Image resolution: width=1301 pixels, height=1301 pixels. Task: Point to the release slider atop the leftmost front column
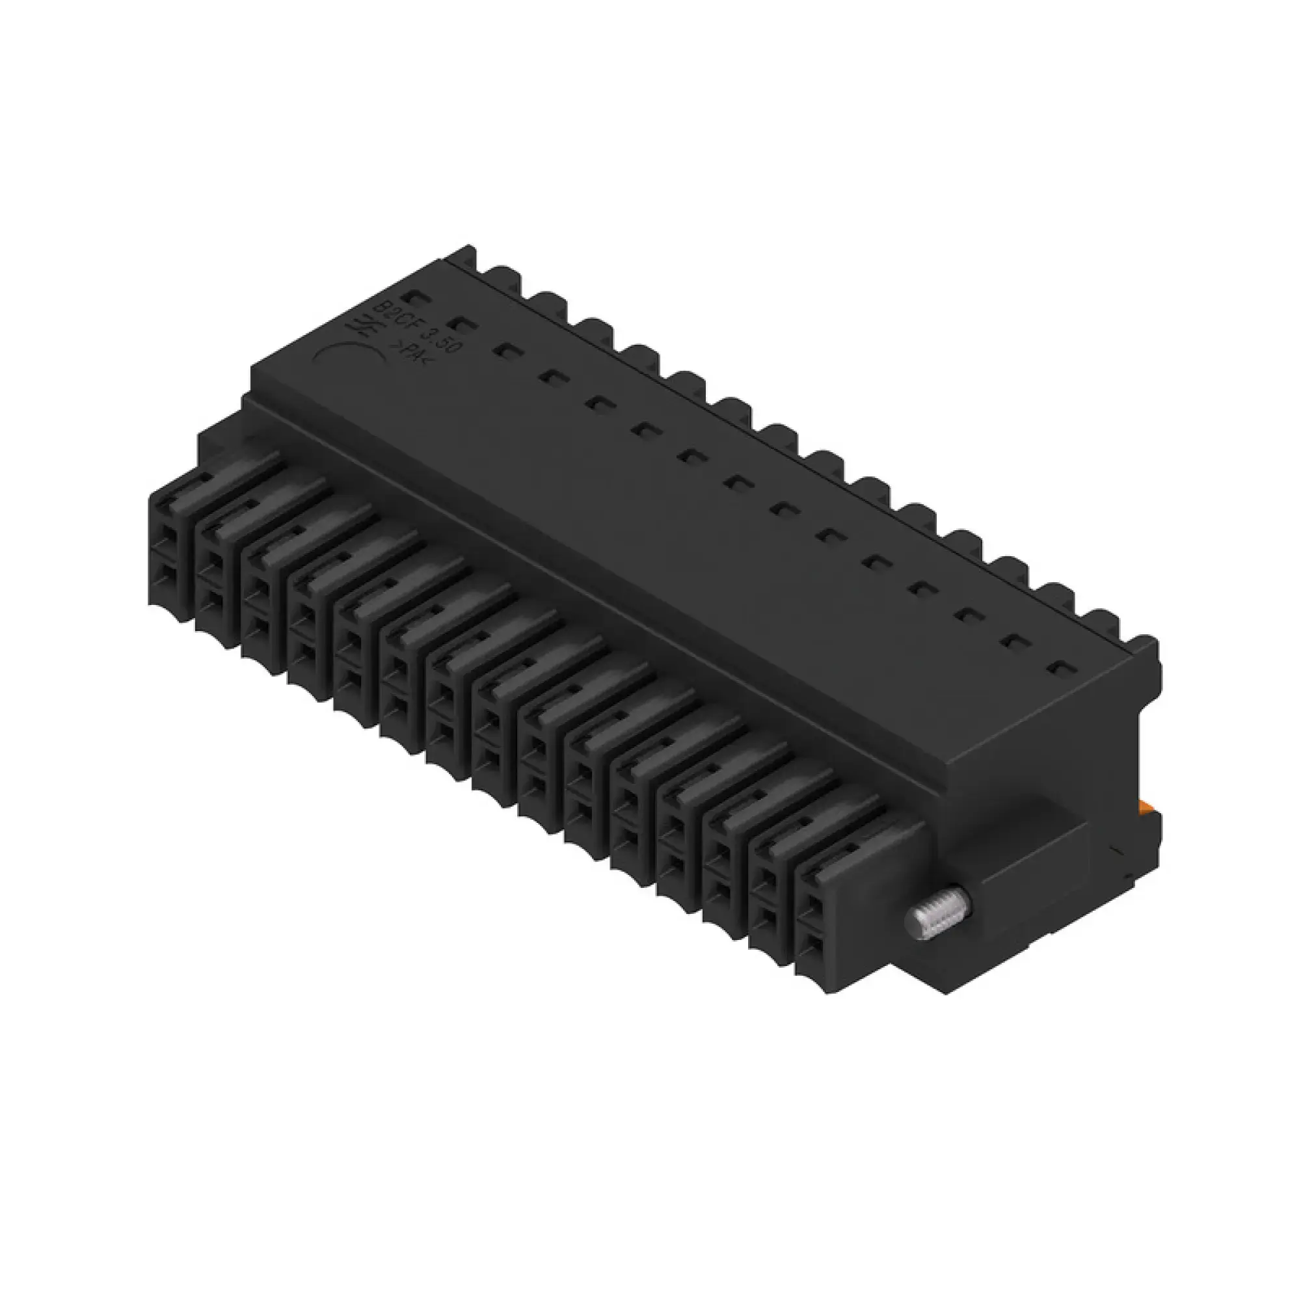coord(222,472)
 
